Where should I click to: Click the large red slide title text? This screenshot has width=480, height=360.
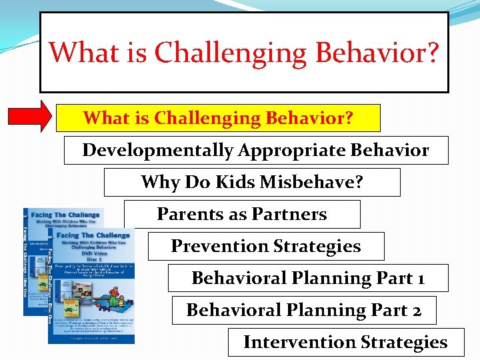244,52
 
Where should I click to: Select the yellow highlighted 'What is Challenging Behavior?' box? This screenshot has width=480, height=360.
218,118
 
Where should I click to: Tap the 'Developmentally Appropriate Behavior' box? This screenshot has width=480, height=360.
256,150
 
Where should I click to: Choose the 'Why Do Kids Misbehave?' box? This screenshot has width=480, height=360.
252,182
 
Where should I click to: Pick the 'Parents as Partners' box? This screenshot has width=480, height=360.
242,214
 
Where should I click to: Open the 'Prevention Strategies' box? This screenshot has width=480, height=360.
266,246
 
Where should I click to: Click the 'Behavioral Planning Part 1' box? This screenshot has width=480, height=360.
308,278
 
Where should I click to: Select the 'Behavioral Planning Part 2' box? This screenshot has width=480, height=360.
304,310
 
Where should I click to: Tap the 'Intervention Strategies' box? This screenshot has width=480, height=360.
345,342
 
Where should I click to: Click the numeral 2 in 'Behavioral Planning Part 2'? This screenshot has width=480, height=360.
415,310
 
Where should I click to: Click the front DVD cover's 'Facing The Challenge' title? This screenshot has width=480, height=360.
93,235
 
